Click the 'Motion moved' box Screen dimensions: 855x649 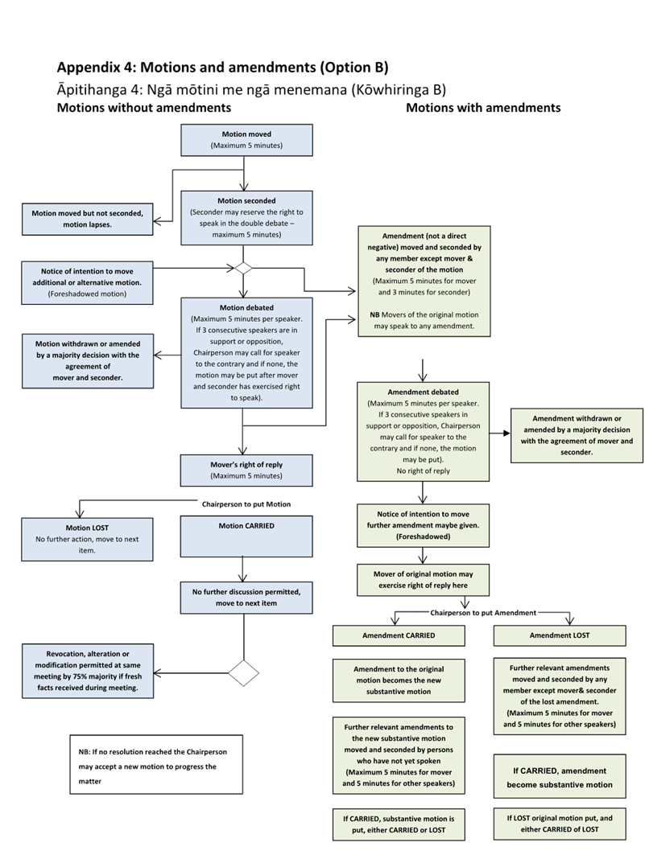(x=246, y=140)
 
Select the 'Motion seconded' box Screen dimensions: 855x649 (x=246, y=217)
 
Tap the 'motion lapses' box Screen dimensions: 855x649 (x=87, y=218)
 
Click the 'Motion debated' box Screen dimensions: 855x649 (x=246, y=352)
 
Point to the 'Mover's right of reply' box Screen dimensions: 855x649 (x=246, y=470)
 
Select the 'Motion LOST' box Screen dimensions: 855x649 (x=87, y=538)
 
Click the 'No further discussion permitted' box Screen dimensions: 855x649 (x=246, y=597)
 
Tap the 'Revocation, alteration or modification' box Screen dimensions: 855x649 (x=87, y=670)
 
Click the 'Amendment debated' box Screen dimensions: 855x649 (x=421, y=431)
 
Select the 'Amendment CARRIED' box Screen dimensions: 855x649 (x=399, y=635)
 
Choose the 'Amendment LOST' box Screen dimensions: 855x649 (x=560, y=635)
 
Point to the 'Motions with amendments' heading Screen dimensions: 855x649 (x=483, y=108)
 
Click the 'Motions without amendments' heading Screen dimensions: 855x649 (x=144, y=108)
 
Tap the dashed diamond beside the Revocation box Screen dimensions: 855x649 (x=244, y=672)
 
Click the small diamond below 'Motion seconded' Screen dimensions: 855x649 (x=243, y=268)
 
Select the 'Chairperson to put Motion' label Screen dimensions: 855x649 (x=246, y=504)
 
